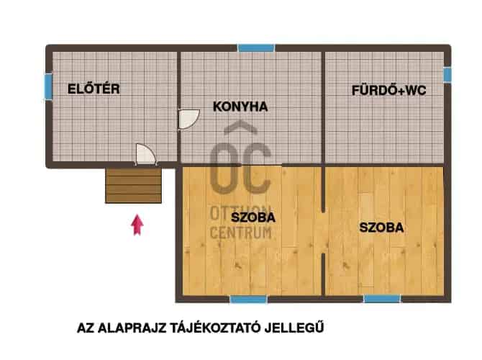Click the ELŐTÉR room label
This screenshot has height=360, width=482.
(x=93, y=89)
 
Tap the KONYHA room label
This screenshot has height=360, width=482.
(x=240, y=107)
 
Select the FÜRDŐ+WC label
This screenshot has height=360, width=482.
(x=389, y=91)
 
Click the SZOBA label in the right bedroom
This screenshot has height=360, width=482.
(x=381, y=227)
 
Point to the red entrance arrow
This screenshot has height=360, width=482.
(x=137, y=225)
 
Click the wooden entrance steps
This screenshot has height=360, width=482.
(x=133, y=186)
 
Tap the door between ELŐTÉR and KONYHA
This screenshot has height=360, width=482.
(x=188, y=119)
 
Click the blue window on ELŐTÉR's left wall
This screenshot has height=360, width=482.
(x=48, y=86)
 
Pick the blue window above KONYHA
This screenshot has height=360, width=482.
(x=255, y=48)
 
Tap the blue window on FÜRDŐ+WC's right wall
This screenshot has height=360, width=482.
(x=447, y=74)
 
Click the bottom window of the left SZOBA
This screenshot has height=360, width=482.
(x=247, y=298)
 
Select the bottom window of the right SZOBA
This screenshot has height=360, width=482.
(x=381, y=298)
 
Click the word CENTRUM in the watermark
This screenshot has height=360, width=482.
(x=240, y=232)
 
